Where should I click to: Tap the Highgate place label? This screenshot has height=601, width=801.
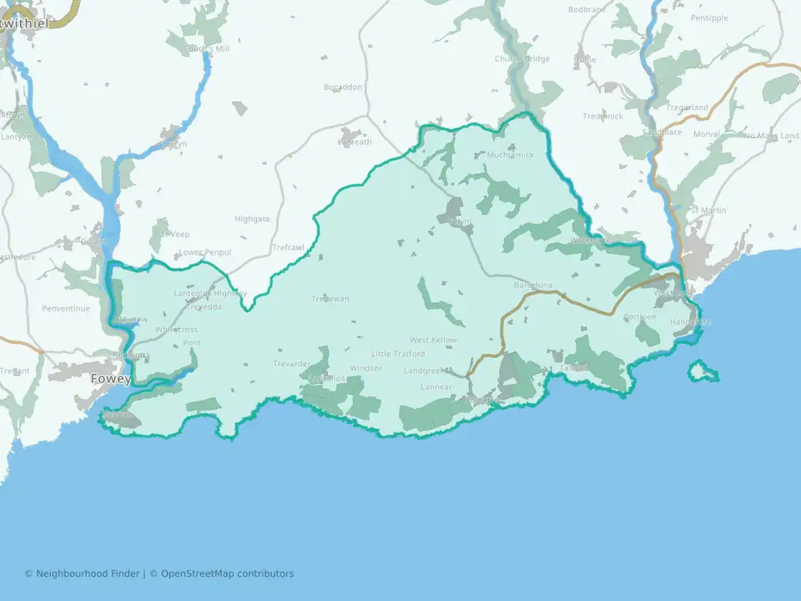252,219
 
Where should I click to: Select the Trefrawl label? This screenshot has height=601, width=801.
289,248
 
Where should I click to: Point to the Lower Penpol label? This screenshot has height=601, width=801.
205,252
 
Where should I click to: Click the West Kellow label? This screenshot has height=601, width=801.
433,341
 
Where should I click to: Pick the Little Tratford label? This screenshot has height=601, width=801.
398,354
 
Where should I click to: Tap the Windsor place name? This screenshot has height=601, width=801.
365,368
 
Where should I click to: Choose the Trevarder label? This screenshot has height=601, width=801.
291,363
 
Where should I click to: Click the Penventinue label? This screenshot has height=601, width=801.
66,309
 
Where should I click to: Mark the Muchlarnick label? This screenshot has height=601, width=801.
510,154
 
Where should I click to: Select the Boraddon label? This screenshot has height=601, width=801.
343,87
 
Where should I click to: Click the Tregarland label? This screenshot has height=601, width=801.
688,108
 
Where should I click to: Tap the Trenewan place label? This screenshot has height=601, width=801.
330,299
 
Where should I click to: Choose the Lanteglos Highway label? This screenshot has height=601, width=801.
210,293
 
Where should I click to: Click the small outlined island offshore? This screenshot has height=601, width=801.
703,371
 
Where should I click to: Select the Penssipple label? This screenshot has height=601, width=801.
709,18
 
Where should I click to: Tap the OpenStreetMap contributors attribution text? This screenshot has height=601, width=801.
227,573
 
